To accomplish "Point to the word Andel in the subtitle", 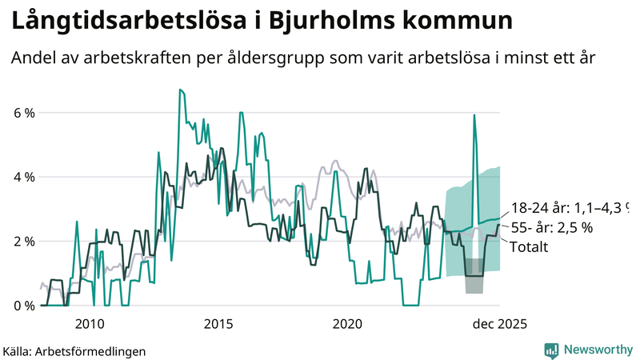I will [34, 58].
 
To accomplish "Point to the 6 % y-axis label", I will [24, 113].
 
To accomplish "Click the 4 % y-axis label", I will [24, 177].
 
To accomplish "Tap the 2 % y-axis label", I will [24, 241].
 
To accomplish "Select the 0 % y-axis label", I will [24, 305].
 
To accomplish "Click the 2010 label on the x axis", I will [89, 323].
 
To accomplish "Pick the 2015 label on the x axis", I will [218, 323].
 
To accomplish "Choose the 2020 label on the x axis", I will [347, 323].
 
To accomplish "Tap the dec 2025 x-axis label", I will [498, 323].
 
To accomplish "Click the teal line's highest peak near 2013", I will [180, 90].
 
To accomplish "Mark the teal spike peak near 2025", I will [474, 115].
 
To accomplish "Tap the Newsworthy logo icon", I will [552, 350].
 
